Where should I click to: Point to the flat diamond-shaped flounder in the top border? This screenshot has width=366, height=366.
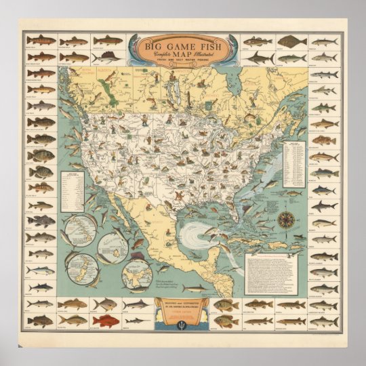pyautogui.click(x=291, y=41)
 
